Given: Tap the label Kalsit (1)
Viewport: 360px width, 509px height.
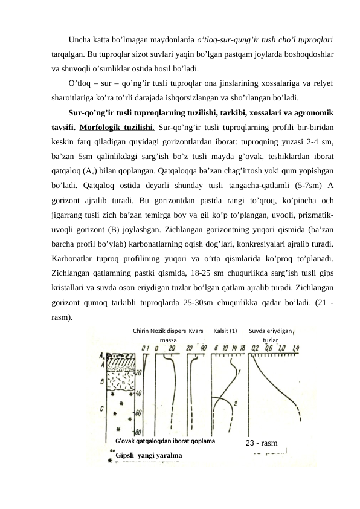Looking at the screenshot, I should (x=225, y=331).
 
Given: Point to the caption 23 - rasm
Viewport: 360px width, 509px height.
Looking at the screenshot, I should (x=262, y=444).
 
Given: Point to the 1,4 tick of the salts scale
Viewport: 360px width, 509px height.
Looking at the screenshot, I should (x=295, y=349).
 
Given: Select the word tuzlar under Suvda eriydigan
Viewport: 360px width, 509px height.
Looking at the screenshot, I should (x=271, y=340).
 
